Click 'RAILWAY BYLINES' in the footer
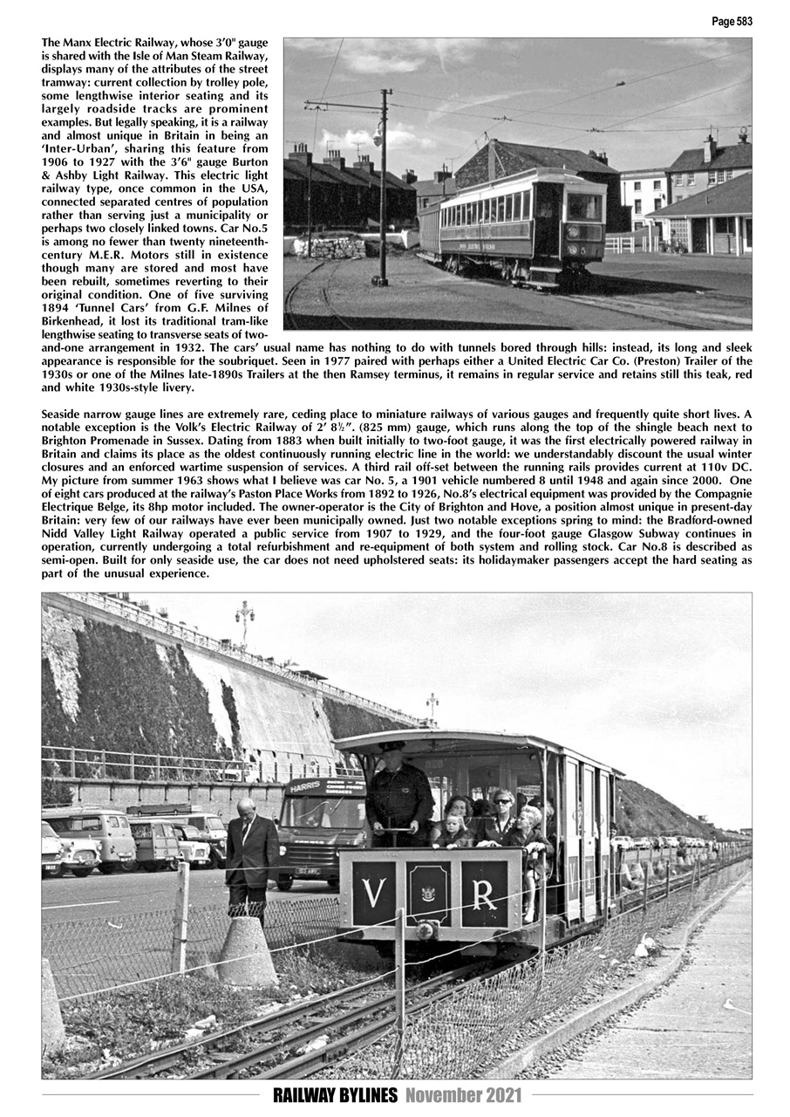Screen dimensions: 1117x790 (336, 1096)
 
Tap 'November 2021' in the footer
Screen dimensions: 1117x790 (463, 1096)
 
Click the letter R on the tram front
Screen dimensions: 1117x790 (484, 895)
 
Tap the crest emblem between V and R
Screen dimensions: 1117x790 (428, 893)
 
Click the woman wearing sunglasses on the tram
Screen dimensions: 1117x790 (503, 816)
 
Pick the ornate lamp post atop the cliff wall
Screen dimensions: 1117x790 (244, 618)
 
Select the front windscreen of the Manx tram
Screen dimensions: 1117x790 (583, 208)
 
